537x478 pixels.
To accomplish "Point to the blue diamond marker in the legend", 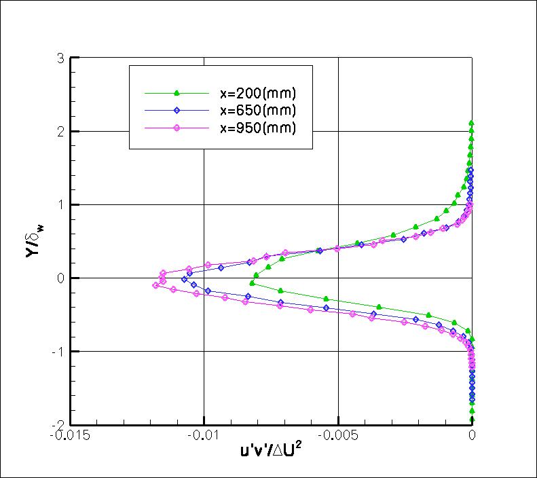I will tap(176, 110).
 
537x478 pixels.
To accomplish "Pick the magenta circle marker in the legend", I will tap(176, 128).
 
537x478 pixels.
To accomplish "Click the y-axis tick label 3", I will tap(60, 58).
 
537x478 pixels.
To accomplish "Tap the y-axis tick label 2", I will tap(60, 131).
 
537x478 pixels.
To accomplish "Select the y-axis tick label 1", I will tap(60, 204).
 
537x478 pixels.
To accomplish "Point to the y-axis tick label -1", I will tap(58, 351).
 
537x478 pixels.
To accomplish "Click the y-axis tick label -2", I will tap(58, 424).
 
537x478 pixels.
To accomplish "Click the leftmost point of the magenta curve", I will tap(155, 286).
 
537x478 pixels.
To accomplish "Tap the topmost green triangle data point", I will tap(472, 124).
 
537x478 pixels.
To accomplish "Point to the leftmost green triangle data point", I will tap(253, 283).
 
